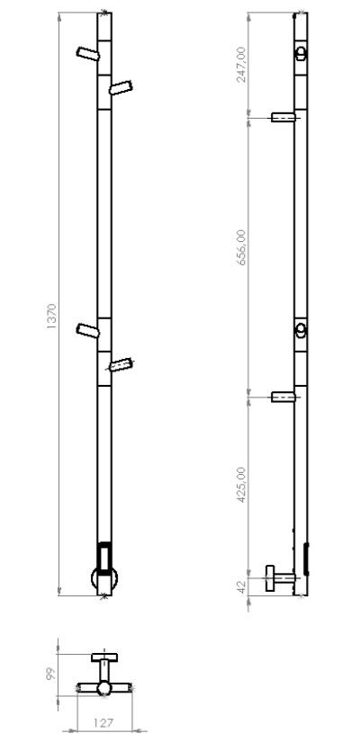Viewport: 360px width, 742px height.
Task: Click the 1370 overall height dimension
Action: click(x=51, y=317)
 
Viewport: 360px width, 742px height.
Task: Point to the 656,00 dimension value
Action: click(x=241, y=247)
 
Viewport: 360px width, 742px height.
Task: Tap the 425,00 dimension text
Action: click(x=241, y=485)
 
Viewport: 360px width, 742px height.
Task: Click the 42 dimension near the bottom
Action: click(x=241, y=587)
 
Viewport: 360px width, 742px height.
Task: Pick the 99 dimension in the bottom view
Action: click(x=51, y=674)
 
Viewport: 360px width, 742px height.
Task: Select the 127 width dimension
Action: click(x=103, y=723)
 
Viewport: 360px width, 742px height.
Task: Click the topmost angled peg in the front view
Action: click(x=88, y=53)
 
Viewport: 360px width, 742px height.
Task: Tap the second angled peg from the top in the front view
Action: click(x=121, y=87)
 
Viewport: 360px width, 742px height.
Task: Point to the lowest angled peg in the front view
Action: click(x=121, y=364)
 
